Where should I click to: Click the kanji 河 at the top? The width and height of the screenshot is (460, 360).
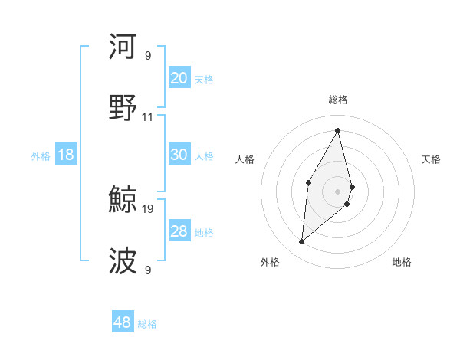pos(123,47)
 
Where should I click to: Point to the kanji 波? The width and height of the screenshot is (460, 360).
pos(123,260)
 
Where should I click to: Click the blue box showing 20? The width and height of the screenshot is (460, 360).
pos(179,77)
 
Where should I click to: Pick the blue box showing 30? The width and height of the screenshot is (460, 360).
pos(179,155)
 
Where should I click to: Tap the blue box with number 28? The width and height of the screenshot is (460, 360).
pos(179,231)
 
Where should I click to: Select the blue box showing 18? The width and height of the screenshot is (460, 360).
pos(66,155)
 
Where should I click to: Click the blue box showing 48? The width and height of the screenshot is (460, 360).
pos(123,322)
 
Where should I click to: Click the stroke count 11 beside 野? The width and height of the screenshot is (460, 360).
pos(148,117)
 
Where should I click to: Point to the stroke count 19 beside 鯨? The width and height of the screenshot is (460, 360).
pos(148,208)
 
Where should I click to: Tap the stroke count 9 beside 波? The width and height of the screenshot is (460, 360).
pos(148,269)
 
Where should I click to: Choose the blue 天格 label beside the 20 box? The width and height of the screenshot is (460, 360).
pos(203,79)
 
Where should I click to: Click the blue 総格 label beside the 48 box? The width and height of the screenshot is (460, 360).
pos(147,324)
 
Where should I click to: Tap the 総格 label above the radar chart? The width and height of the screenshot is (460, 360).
pos(338,100)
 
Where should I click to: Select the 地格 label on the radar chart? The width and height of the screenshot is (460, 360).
pos(402,262)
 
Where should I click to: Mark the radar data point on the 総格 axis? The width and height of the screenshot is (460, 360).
pos(338,130)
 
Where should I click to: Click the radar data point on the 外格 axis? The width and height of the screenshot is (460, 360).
pos(301,242)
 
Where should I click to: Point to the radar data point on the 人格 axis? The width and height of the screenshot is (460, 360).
pos(308,182)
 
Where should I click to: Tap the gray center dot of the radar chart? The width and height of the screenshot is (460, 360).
pos(338,191)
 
